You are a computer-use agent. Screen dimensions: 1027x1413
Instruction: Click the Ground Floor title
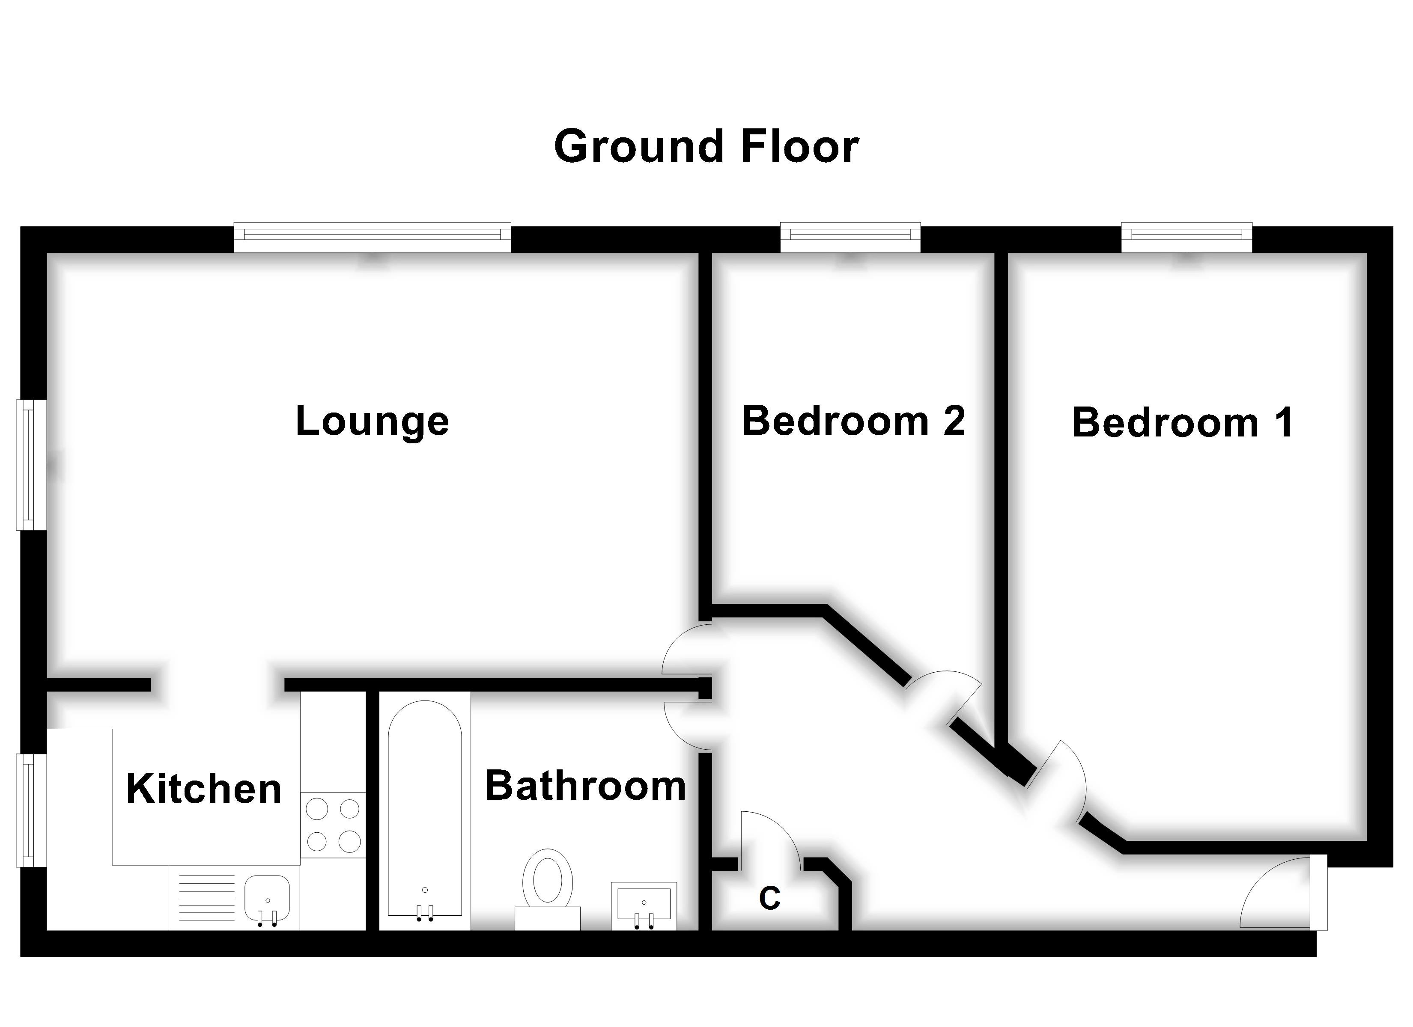point(706,147)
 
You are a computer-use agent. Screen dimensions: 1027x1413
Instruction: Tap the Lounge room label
point(372,421)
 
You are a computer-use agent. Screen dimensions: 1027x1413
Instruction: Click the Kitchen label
point(204,789)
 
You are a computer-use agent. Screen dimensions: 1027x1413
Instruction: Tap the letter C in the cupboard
point(770,899)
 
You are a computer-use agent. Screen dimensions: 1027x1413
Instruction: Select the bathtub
point(425,810)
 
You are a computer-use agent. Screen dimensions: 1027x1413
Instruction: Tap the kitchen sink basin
point(267,898)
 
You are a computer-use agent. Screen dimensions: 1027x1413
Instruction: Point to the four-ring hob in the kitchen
point(333,825)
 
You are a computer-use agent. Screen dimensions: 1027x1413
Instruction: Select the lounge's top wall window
point(372,237)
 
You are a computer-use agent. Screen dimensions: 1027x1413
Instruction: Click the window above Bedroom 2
point(850,237)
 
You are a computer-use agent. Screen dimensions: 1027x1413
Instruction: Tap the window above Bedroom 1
point(1186,237)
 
